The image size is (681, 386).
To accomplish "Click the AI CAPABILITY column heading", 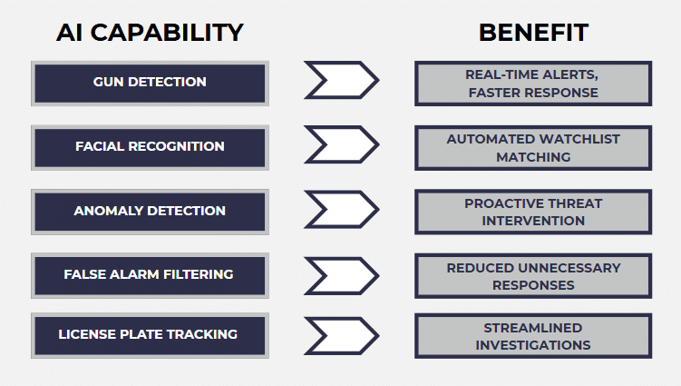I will click(150, 33).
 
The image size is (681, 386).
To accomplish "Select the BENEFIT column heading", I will click(533, 33).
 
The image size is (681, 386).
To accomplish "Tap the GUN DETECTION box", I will click(150, 83).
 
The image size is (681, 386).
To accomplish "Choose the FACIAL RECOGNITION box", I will click(150, 146).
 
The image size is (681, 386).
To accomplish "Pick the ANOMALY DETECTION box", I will click(150, 211).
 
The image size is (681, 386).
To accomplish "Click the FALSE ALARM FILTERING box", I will click(150, 274).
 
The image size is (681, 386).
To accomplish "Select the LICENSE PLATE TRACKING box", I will click(150, 334).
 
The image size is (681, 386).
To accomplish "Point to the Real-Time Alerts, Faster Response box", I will click(533, 83).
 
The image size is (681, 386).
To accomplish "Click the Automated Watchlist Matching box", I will click(533, 147).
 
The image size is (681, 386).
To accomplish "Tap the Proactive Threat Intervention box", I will click(533, 212).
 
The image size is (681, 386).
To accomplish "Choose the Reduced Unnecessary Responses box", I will click(533, 275).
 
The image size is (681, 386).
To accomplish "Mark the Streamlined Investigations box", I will click(533, 335).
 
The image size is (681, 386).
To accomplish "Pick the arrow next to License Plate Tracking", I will click(341, 334).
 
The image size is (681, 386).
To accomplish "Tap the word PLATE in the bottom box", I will click(156, 334).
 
